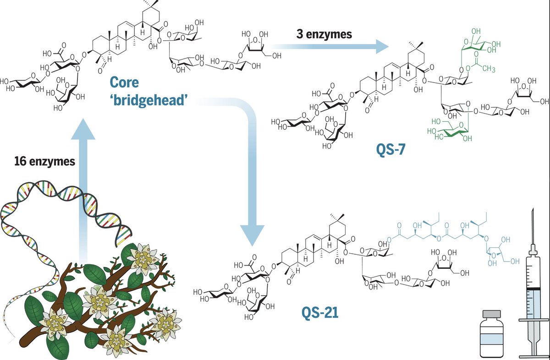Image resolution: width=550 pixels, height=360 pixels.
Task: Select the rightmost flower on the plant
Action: point(168,322)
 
